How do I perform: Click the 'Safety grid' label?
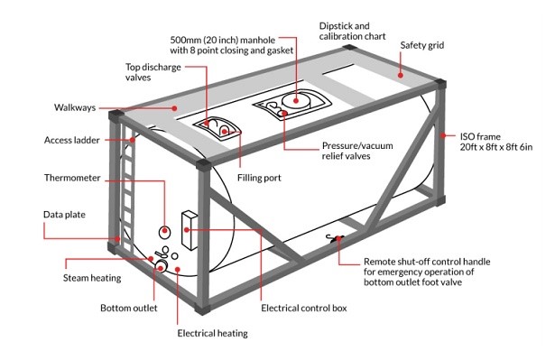422,46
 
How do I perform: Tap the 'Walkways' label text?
75,107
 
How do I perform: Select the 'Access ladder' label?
72,140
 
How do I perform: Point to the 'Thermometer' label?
72,178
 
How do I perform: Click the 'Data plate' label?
64,215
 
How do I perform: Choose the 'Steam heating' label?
92,278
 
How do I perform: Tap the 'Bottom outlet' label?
129,308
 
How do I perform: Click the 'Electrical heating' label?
212,334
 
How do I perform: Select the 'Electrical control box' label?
304,309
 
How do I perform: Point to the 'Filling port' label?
259,178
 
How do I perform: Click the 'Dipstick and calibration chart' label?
352,32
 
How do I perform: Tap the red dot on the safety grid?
401,75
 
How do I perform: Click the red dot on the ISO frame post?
443,135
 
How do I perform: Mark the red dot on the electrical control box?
187,230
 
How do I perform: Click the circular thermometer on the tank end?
164,232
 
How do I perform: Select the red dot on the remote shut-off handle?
338,238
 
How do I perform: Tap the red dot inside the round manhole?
296,100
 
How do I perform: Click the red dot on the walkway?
175,108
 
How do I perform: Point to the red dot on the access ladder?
133,140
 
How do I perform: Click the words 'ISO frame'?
480,137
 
